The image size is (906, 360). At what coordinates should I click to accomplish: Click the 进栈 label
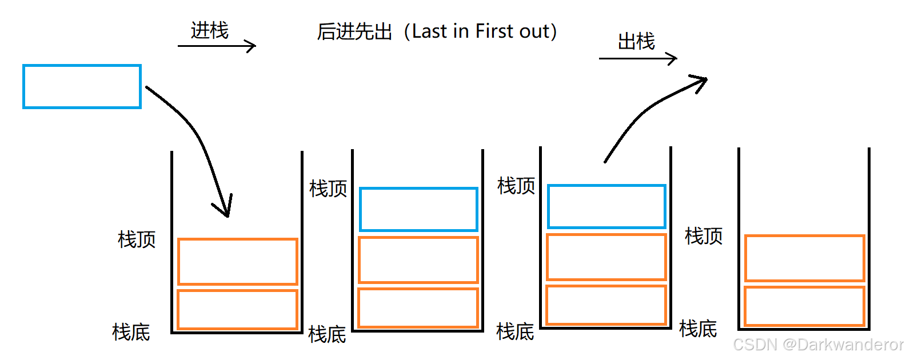(210, 30)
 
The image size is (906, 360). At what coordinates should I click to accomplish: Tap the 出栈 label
(636, 41)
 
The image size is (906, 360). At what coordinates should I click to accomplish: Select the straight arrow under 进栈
(217, 46)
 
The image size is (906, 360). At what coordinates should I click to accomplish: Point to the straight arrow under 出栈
(638, 58)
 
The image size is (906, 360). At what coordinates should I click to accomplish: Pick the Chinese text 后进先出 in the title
(354, 32)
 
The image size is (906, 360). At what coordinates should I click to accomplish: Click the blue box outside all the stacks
(82, 86)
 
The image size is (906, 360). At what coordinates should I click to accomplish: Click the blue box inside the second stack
(418, 209)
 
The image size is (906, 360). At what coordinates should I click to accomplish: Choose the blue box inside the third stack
(606, 206)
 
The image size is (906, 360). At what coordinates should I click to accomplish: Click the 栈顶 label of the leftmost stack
(137, 239)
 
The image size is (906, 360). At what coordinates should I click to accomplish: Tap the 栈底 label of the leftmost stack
(131, 332)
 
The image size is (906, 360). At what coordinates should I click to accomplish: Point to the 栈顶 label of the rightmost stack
(704, 236)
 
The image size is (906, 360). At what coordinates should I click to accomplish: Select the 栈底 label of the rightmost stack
(698, 329)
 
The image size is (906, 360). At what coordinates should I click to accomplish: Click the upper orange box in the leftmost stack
(237, 261)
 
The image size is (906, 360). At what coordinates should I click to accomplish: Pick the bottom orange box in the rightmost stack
(804, 306)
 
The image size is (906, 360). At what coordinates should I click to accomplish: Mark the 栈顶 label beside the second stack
(328, 189)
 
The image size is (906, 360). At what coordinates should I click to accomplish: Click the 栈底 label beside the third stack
(515, 331)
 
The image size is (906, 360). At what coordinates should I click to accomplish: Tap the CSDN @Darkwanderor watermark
(818, 345)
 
